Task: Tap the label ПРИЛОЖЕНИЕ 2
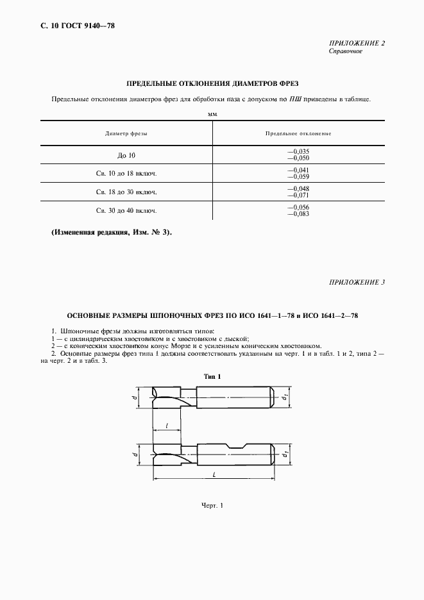pos(357,43)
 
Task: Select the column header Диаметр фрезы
pos(126,133)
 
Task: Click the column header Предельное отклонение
pos(298,133)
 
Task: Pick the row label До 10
pos(126,155)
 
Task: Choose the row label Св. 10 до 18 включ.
pos(126,173)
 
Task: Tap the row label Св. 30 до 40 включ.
pos(126,210)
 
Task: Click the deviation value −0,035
pos(298,151)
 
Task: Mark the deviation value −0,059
pos(298,176)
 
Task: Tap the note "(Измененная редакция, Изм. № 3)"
pos(111,232)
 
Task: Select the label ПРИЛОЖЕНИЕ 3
pos(357,282)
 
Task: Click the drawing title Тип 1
pos(212,376)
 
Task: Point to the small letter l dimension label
pos(167,424)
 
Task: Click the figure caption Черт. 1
pos(212,506)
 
